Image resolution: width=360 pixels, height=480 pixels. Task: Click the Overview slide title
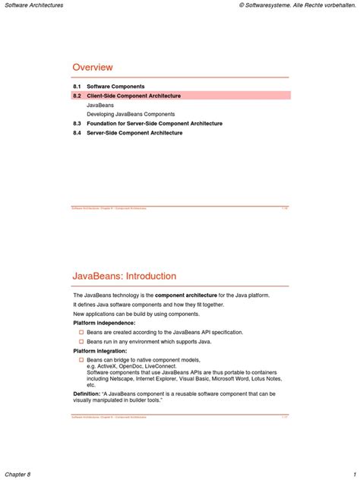tap(93, 68)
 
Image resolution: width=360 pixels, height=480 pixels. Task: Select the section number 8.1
tap(77, 87)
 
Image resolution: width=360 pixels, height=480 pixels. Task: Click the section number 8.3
tap(77, 123)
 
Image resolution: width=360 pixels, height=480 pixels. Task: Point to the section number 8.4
tap(77, 133)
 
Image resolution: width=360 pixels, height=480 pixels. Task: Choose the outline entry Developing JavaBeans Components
tap(131, 114)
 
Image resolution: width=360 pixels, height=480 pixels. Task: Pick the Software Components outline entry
tap(115, 87)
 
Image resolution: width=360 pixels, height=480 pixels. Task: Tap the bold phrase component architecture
tap(188, 295)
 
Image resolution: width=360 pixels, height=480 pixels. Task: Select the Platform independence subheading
tap(104, 323)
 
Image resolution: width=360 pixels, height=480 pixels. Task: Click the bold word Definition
tap(86, 394)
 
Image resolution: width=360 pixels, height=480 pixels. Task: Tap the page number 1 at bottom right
tap(354, 473)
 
